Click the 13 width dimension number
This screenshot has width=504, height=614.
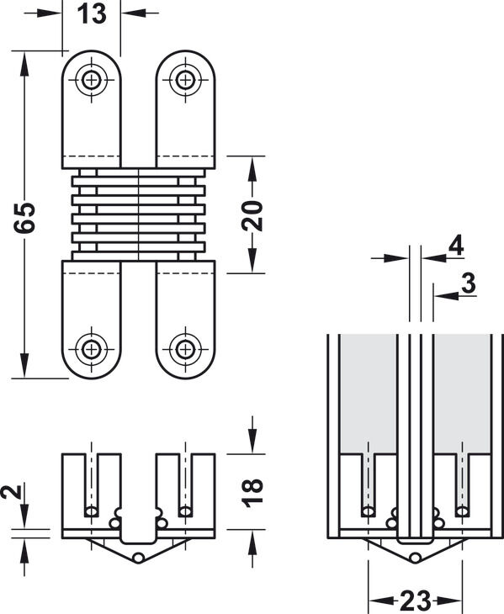92,14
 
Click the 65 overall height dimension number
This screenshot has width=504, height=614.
24,218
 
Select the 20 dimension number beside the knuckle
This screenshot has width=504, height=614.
252,215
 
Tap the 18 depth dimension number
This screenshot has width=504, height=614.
252,493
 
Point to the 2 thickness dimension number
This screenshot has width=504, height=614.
11,492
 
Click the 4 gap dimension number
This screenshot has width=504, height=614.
456,246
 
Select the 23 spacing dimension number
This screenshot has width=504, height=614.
415,601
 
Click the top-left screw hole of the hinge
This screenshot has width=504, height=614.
91,80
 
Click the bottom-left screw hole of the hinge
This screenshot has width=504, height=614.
91,349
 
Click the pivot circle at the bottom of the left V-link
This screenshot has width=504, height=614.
138,558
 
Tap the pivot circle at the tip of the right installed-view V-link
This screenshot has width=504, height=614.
416,557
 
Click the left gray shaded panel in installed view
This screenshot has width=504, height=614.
368,394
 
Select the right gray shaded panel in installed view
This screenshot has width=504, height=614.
462,394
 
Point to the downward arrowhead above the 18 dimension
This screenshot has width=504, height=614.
252,442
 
